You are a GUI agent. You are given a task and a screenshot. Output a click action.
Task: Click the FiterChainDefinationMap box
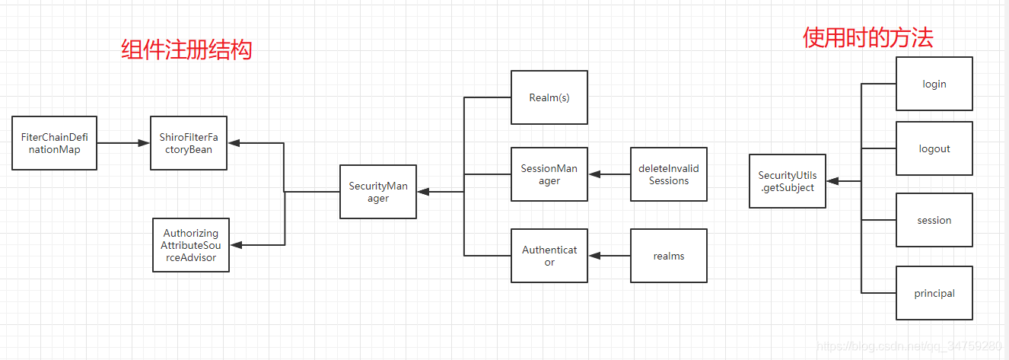54,143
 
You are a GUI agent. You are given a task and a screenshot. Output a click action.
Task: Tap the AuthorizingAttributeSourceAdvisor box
190,245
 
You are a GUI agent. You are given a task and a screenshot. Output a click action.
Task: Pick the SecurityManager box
378,192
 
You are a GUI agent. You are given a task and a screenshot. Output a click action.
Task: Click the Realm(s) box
549,97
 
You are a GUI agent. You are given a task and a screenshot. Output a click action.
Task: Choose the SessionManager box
549,174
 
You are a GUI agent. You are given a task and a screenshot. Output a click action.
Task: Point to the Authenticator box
549,256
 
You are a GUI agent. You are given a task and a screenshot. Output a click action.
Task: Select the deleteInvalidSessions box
668,174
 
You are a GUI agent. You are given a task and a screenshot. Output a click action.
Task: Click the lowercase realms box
668,256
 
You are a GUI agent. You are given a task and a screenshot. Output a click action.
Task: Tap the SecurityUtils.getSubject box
787,181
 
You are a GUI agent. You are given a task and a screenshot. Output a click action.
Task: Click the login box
934,84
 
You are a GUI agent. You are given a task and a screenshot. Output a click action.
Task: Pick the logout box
934,148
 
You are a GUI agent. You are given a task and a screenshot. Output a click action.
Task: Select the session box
934,220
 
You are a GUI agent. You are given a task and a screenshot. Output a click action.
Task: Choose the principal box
934,293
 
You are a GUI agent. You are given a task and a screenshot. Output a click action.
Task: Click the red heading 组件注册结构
186,50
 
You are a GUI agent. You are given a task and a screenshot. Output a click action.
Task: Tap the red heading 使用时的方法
867,38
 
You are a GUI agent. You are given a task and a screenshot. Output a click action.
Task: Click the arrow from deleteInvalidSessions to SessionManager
609,174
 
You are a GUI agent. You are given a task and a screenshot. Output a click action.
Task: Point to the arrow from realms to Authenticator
609,256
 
